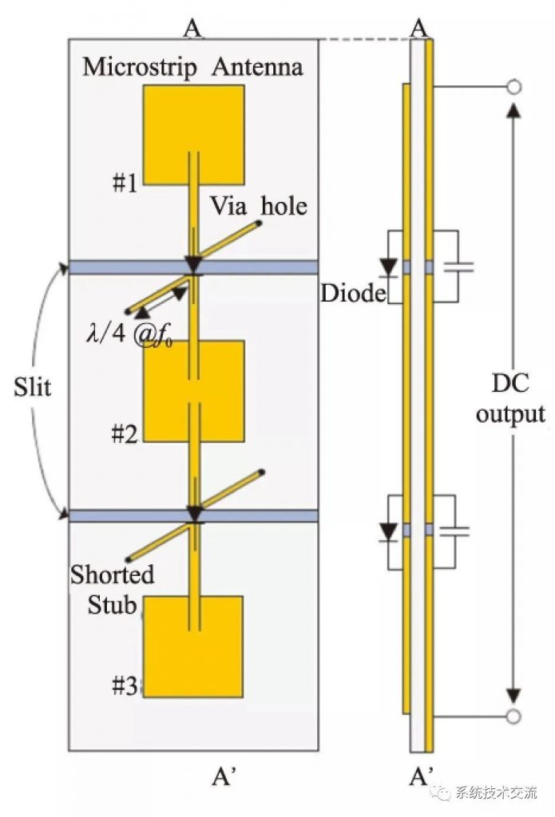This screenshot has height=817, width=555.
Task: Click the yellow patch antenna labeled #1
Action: coord(193,134)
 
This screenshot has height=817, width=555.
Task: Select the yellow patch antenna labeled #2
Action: coord(193,391)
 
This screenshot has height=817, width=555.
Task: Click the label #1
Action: coord(124,184)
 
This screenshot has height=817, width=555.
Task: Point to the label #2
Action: coord(124,436)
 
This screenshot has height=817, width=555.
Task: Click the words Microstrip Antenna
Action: coord(193,67)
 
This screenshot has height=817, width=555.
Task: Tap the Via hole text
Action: coord(259,206)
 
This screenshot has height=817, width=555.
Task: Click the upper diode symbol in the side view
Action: coord(389,266)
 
